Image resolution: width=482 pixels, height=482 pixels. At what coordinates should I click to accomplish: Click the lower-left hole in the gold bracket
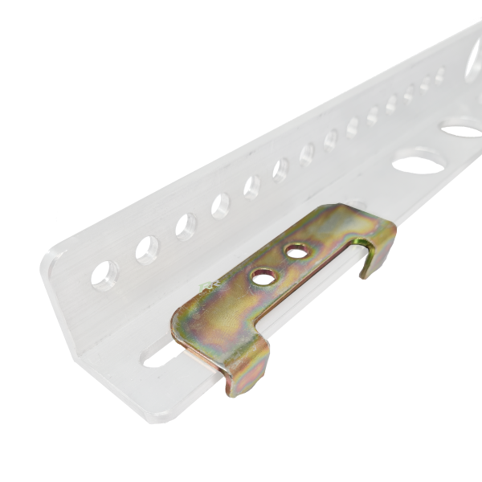[x=263, y=276]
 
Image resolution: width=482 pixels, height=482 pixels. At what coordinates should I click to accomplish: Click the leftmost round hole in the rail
[x=104, y=275]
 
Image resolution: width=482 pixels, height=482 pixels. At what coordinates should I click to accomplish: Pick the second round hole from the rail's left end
[x=147, y=250]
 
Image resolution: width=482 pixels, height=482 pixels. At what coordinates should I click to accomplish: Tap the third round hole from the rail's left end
[x=186, y=227]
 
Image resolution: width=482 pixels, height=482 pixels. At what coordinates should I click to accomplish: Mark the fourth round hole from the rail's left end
[x=220, y=206]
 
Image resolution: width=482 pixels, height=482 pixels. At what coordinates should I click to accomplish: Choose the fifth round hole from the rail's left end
[x=251, y=187]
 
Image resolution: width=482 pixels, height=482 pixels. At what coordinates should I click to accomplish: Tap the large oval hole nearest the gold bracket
[x=420, y=164]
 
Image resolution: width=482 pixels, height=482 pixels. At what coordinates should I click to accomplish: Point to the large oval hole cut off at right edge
[x=463, y=128]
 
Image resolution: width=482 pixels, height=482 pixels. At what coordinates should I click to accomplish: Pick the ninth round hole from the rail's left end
[x=353, y=127]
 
